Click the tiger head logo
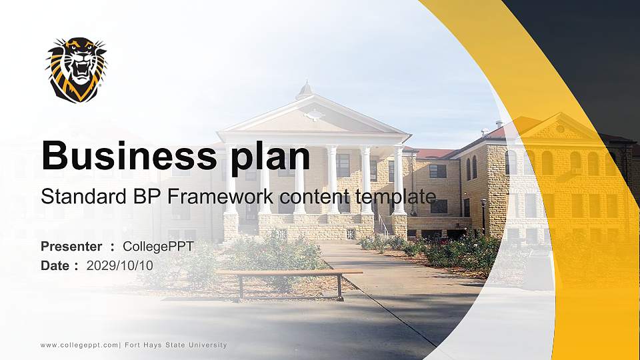click(76, 69)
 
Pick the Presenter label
click(71, 247)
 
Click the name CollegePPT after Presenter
click(158, 247)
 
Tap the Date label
click(55, 265)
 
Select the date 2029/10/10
click(120, 265)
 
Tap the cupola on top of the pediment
click(305, 91)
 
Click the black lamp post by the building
click(483, 217)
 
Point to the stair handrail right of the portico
click(383, 225)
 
